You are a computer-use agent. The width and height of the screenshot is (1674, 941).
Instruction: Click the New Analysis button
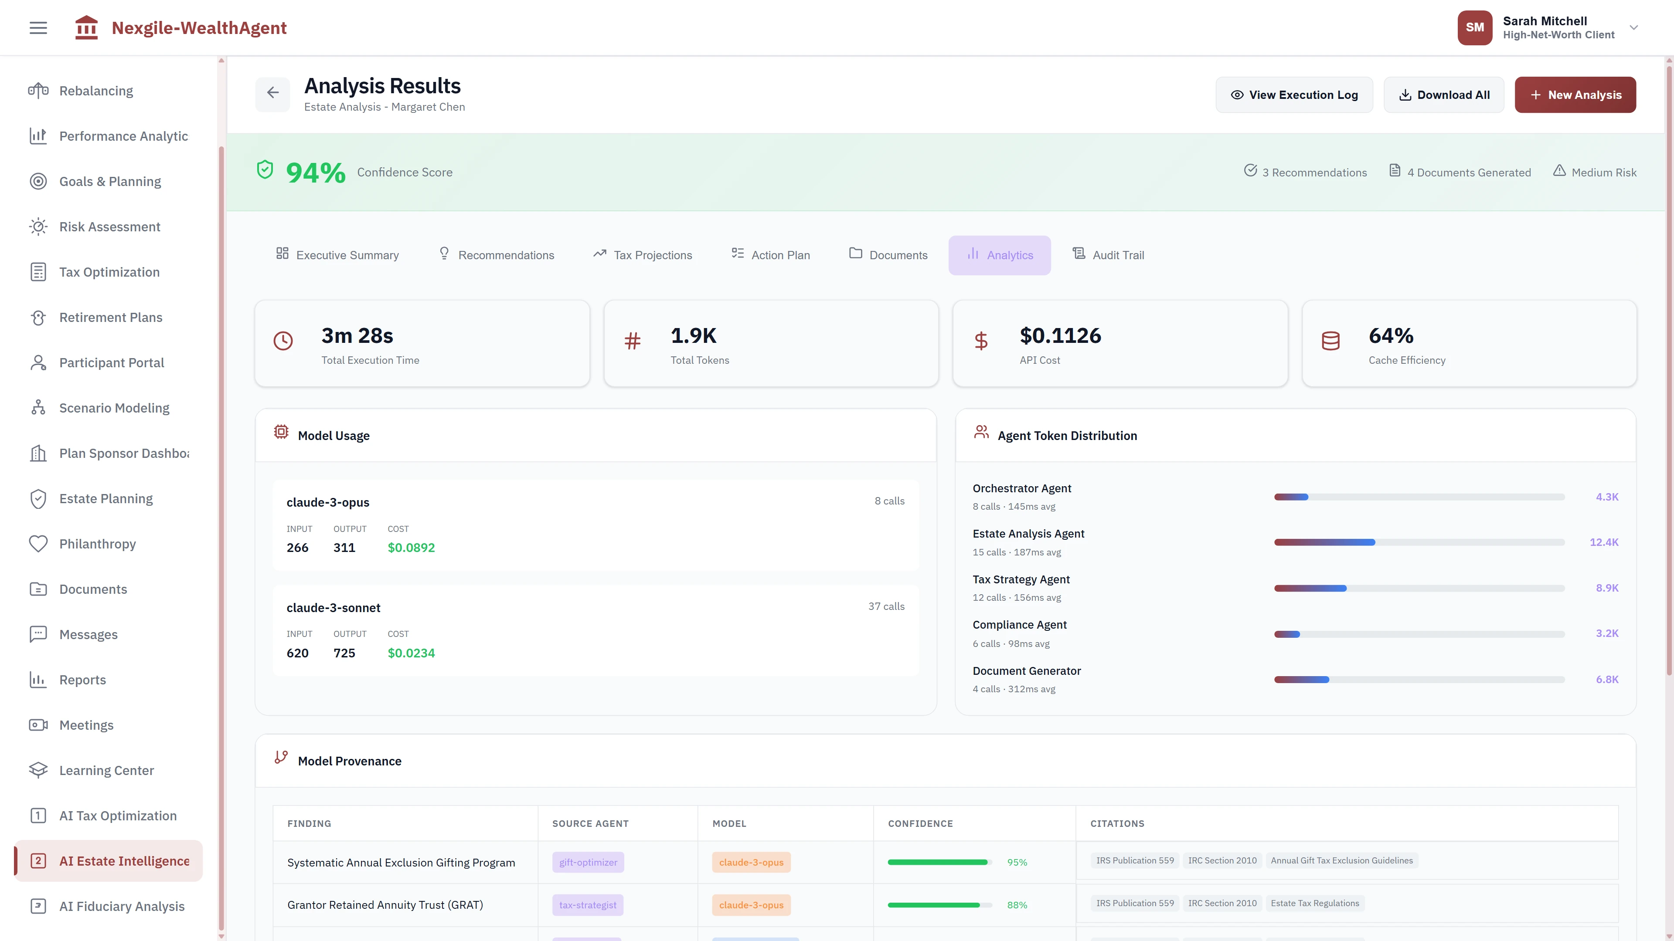tap(1575, 95)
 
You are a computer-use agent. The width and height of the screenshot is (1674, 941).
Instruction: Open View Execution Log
tap(1294, 95)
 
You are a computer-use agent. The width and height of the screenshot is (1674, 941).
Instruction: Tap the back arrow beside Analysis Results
tap(272, 93)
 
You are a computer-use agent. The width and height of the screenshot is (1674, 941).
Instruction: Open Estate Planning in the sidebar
tap(106, 499)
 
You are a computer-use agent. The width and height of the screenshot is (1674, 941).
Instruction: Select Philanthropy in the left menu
tap(98, 544)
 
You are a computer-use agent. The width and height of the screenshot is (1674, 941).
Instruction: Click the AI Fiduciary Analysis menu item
tap(122, 907)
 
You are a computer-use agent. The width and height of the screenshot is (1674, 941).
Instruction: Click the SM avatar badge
tap(1474, 27)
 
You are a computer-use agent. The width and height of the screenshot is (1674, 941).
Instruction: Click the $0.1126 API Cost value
tap(1060, 336)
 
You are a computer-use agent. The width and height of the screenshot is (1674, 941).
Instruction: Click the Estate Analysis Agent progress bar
tap(1419, 542)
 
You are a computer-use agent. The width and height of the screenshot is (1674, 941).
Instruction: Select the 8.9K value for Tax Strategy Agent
tap(1606, 588)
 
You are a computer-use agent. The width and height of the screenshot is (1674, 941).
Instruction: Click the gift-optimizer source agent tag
tap(588, 863)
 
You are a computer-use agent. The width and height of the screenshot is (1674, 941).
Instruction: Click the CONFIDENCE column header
tap(920, 823)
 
